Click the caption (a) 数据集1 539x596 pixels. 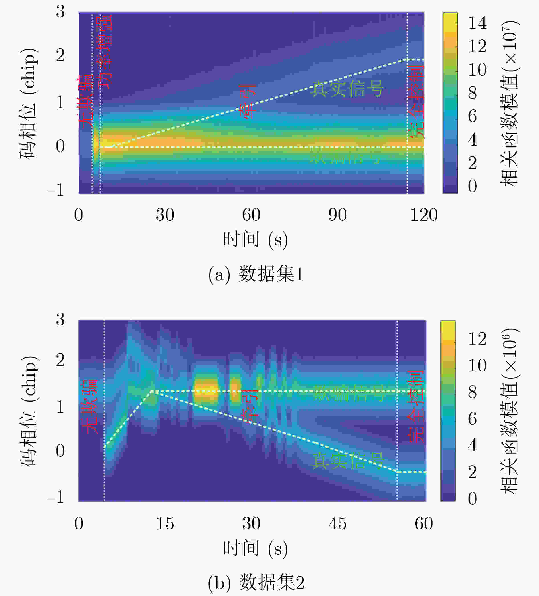click(x=256, y=274)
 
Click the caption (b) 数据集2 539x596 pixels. click(x=256, y=582)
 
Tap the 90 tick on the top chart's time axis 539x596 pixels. click(x=337, y=215)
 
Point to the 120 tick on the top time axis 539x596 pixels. click(x=424, y=215)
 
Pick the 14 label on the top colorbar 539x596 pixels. click(x=477, y=23)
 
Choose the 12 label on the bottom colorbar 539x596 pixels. click(x=477, y=339)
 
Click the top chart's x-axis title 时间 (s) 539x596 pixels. click(x=255, y=239)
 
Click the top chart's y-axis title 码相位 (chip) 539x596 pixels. click(x=29, y=103)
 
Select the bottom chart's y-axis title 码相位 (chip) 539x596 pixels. click(x=29, y=411)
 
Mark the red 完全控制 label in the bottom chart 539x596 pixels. click(x=416, y=406)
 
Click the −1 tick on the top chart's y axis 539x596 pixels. click(x=56, y=190)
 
